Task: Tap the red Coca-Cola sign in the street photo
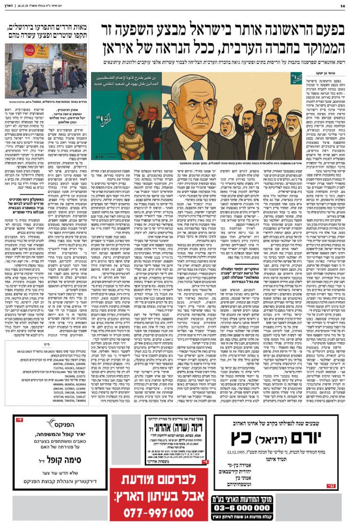coord(29,51)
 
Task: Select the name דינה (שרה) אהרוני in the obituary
coord(169,428)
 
